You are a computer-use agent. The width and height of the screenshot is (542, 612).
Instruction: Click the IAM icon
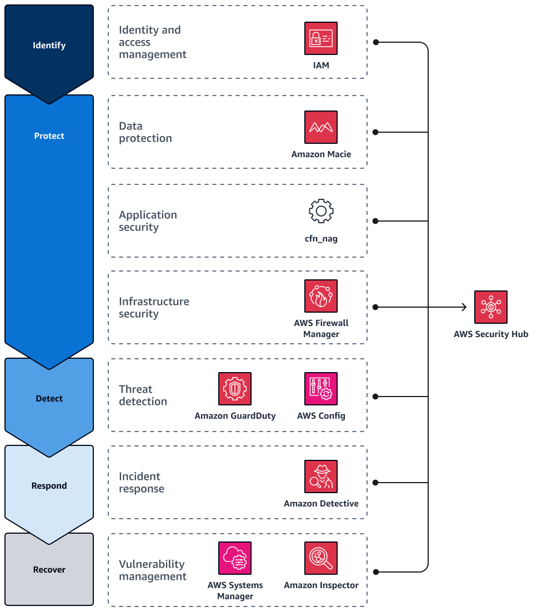click(321, 38)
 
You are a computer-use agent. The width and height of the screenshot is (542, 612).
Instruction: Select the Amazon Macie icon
click(321, 127)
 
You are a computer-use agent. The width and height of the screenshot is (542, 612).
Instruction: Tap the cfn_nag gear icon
click(321, 212)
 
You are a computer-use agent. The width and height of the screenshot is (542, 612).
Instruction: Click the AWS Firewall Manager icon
click(321, 296)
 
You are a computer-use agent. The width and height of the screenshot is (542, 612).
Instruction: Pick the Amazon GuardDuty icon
click(235, 389)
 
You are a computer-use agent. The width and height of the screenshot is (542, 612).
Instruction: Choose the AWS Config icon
click(321, 389)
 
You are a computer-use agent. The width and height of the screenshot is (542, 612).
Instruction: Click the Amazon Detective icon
click(321, 476)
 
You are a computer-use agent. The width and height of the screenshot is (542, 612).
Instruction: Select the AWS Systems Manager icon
click(235, 558)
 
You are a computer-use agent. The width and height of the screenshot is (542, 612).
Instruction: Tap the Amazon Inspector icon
click(321, 558)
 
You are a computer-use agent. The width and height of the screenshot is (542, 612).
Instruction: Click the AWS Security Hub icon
click(491, 307)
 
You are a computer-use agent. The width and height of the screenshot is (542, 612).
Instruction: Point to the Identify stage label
click(49, 46)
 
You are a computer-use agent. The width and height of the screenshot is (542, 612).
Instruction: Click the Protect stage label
click(49, 136)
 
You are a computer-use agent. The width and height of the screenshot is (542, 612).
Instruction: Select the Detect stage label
click(49, 399)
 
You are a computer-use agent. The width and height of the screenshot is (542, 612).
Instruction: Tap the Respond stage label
click(49, 486)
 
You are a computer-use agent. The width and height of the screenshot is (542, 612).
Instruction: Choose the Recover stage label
click(49, 570)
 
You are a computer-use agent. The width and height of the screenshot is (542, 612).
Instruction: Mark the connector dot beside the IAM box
click(376, 42)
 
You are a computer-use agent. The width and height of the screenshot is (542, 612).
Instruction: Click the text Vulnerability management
click(152, 570)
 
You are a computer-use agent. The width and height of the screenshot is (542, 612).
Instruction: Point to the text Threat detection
click(143, 395)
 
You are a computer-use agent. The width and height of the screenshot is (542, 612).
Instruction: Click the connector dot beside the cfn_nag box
click(376, 221)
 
